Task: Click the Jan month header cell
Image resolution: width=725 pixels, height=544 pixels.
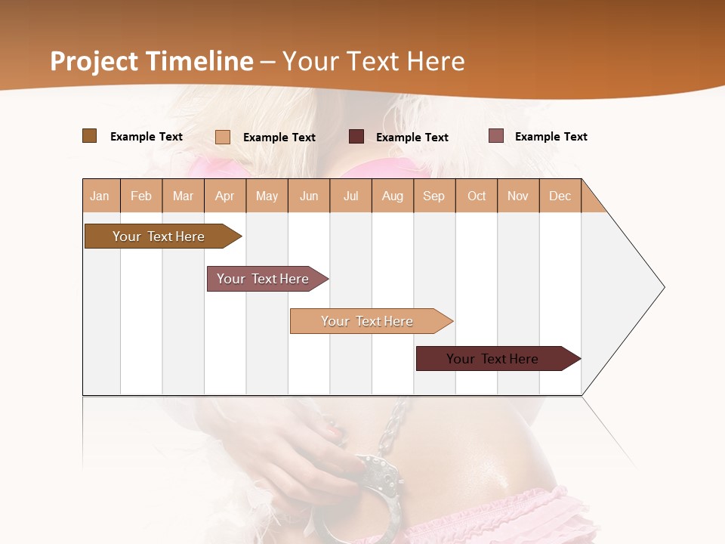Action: point(100,196)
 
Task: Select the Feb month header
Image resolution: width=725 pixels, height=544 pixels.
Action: point(141,196)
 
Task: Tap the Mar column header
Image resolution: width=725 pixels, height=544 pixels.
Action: point(183,196)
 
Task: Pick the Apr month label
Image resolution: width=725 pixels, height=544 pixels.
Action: point(225,196)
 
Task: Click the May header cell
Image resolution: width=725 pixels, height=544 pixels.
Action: point(267,196)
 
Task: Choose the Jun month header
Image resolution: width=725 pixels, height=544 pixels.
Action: point(309,196)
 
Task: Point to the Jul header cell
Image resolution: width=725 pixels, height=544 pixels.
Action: point(350,196)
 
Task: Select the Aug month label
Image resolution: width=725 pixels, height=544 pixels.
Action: point(393,196)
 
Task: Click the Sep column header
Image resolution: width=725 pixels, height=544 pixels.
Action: point(434,196)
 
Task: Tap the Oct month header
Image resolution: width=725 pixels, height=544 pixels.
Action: point(477,196)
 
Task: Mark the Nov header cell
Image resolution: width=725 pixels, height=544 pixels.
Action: point(518,196)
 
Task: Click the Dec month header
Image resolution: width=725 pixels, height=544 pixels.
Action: point(560,196)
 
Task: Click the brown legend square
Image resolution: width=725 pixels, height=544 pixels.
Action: point(90,136)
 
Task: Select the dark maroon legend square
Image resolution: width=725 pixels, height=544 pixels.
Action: point(356,137)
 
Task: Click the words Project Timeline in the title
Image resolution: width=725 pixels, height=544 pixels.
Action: point(152,61)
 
